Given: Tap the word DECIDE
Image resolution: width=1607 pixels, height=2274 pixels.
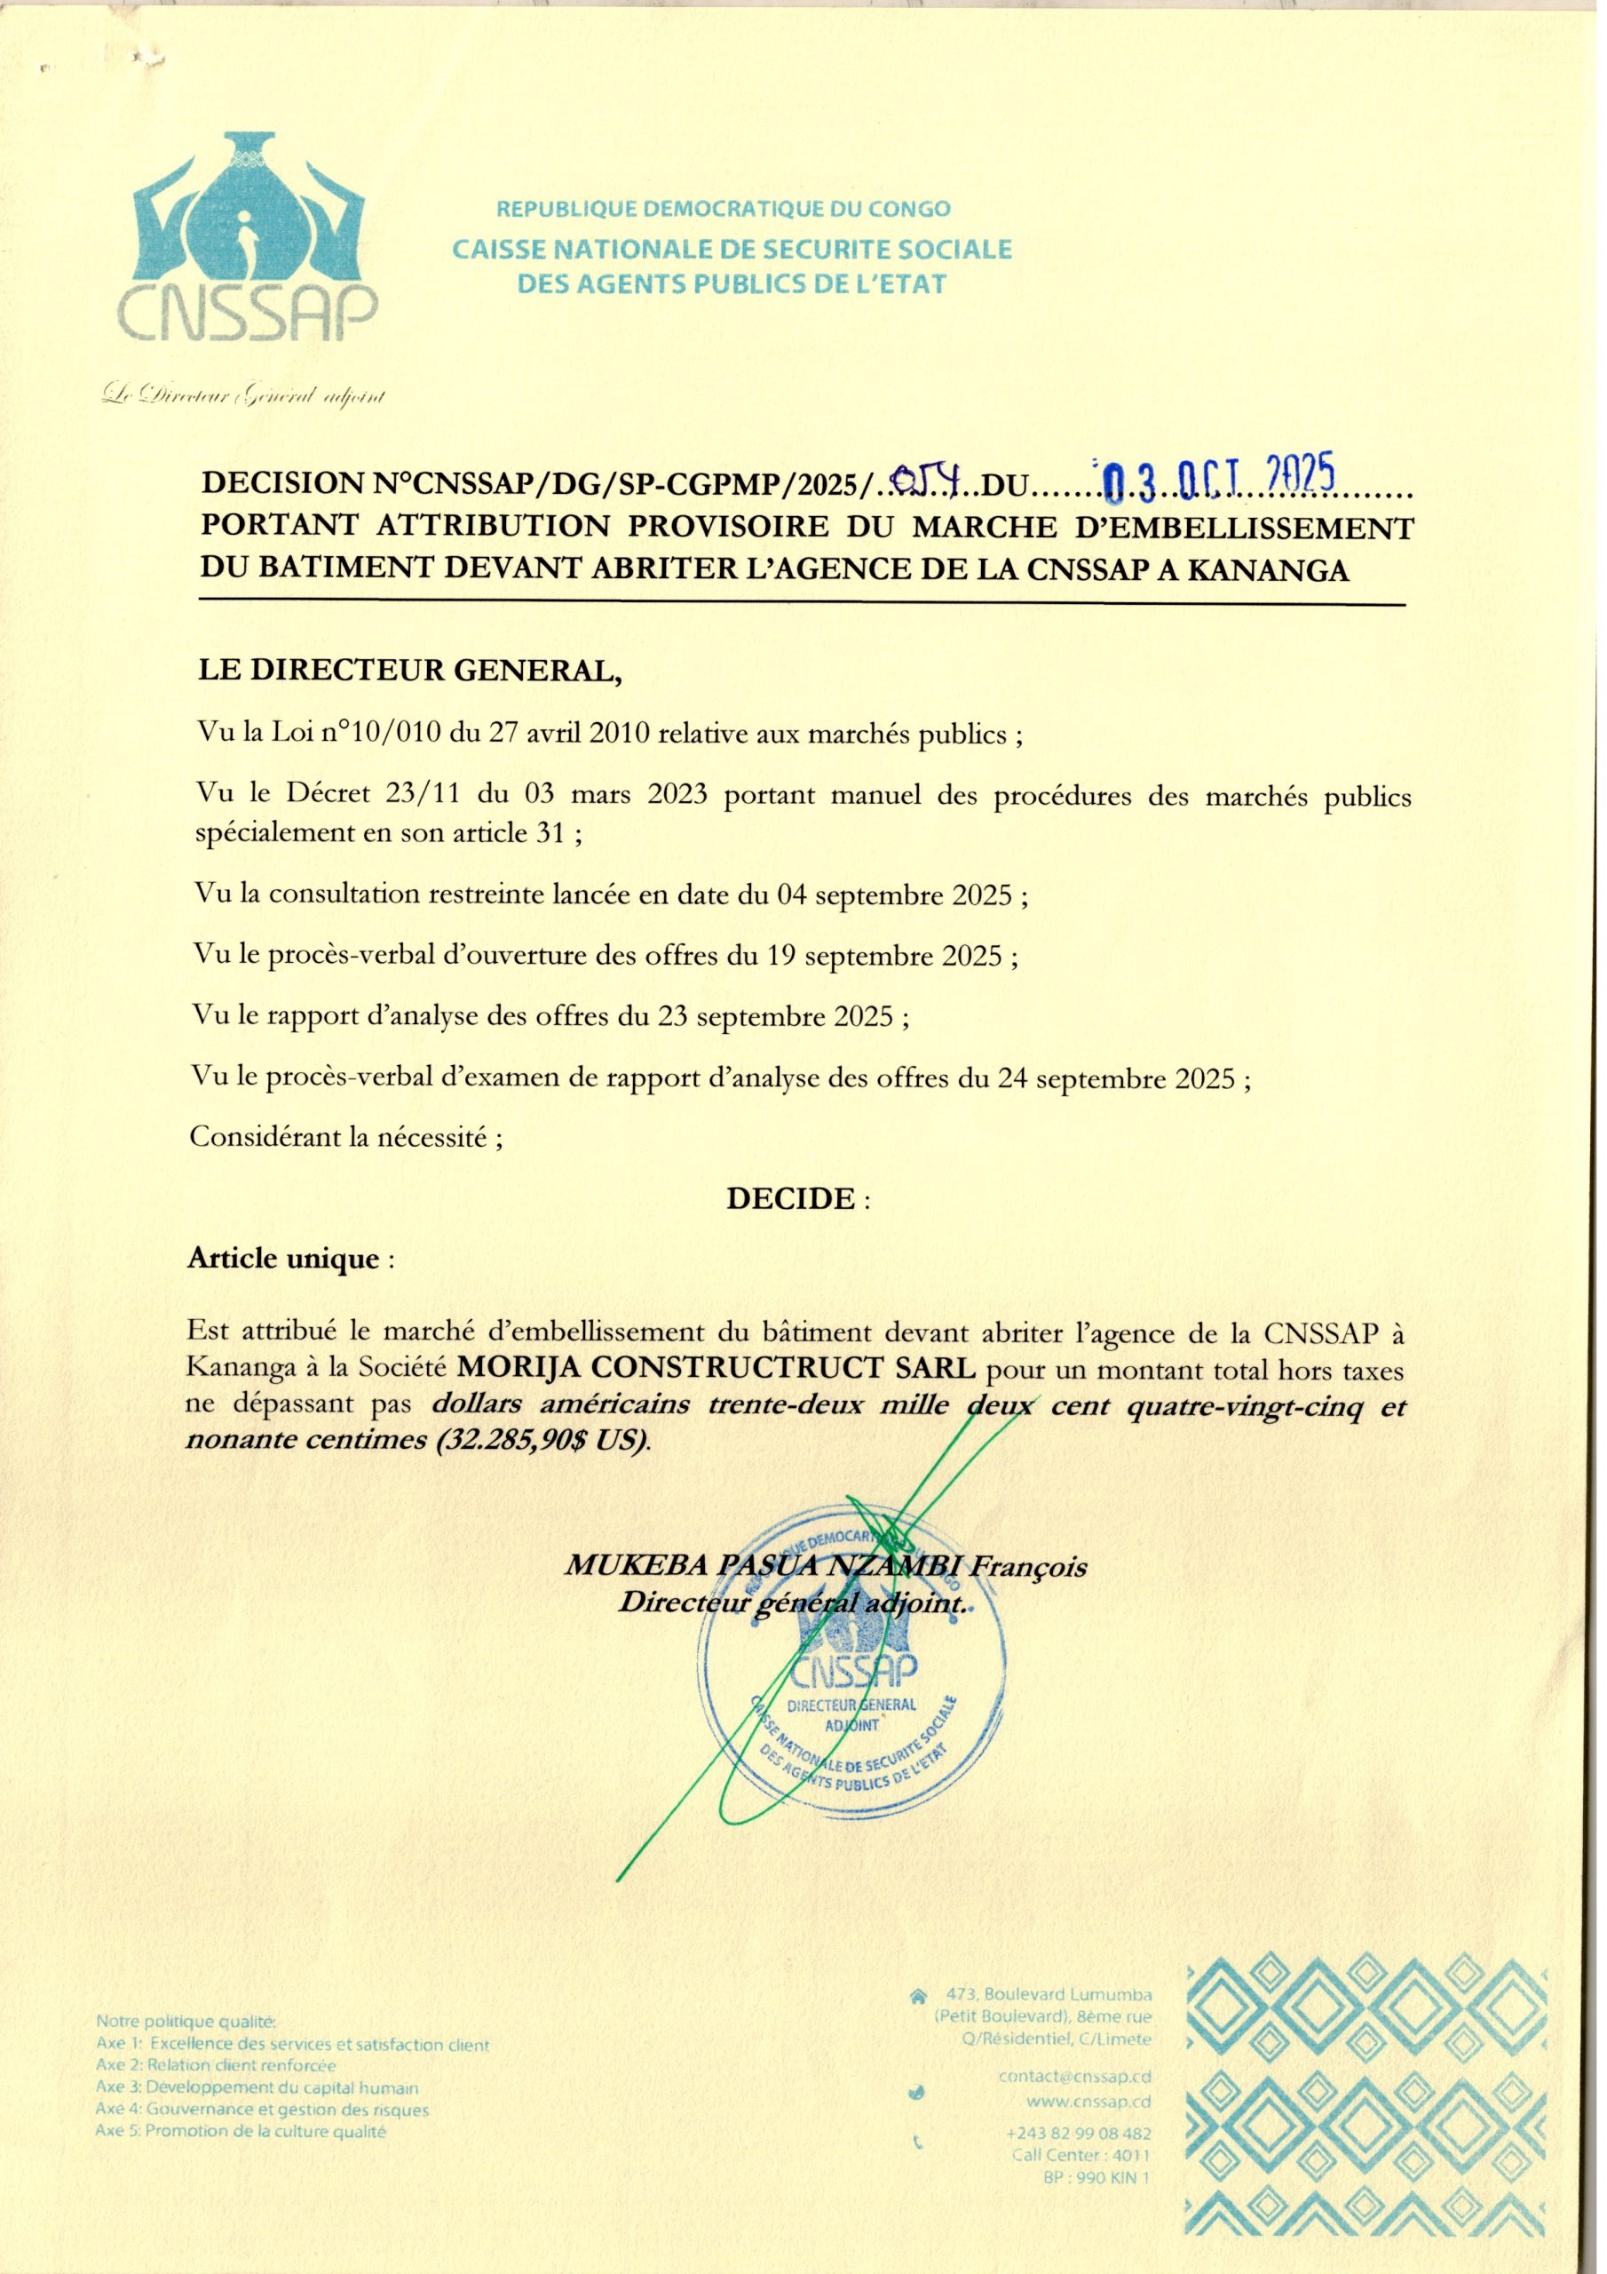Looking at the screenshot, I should coord(790,1198).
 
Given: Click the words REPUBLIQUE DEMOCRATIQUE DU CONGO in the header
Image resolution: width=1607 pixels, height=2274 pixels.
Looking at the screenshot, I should coord(723,209).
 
